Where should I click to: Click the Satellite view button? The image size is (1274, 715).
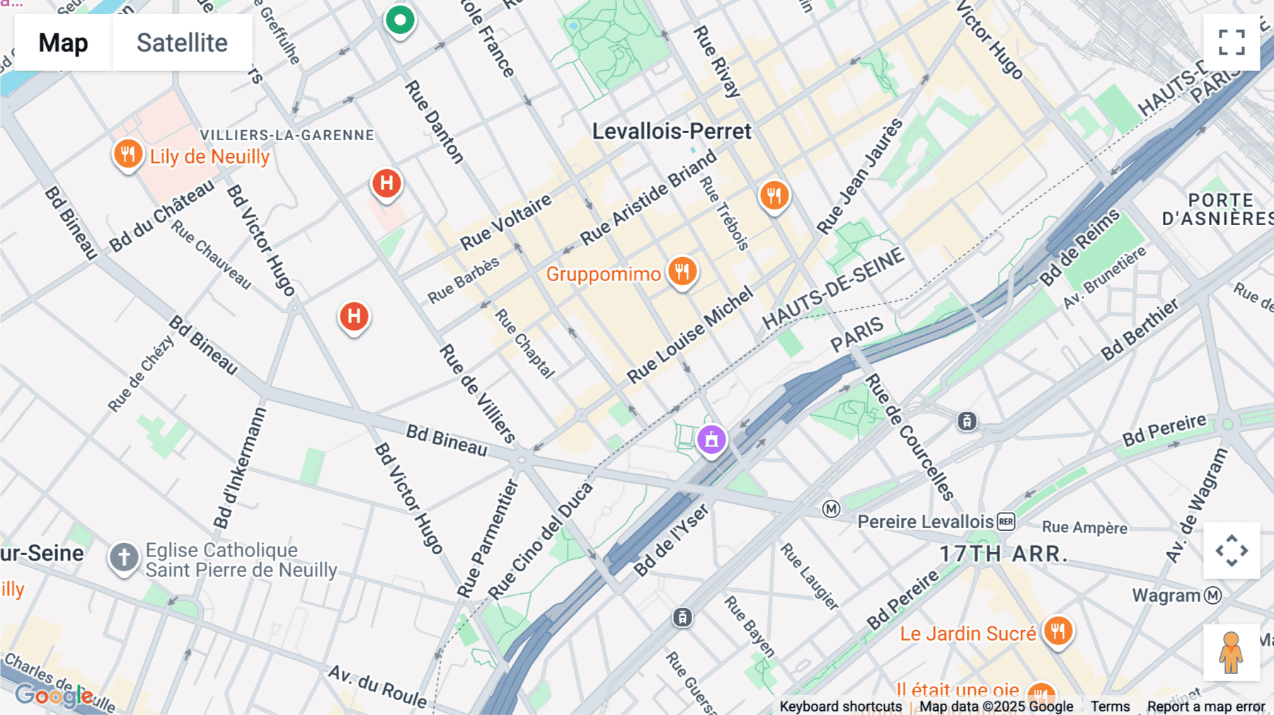(182, 42)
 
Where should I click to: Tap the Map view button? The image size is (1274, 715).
(63, 42)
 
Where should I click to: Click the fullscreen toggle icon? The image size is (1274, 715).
(1232, 42)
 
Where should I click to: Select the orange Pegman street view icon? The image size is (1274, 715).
(1231, 652)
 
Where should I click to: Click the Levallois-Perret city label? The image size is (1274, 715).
(671, 131)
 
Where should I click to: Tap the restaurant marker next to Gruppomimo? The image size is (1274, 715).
(682, 272)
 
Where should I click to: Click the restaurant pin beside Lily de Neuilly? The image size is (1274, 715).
(128, 154)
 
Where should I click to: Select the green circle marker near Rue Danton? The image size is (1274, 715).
(400, 21)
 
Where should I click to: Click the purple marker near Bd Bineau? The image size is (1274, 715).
(711, 440)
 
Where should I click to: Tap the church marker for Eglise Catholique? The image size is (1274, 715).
(124, 558)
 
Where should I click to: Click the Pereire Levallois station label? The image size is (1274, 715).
(925, 522)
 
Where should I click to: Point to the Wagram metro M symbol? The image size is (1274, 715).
(1212, 595)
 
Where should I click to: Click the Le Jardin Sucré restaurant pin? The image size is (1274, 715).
(1058, 631)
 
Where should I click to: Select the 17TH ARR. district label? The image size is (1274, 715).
(1003, 554)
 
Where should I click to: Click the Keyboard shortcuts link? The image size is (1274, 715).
(840, 707)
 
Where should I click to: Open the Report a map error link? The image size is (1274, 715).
(1205, 707)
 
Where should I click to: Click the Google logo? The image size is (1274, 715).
(54, 695)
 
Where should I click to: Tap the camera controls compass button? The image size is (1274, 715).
(1232, 551)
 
